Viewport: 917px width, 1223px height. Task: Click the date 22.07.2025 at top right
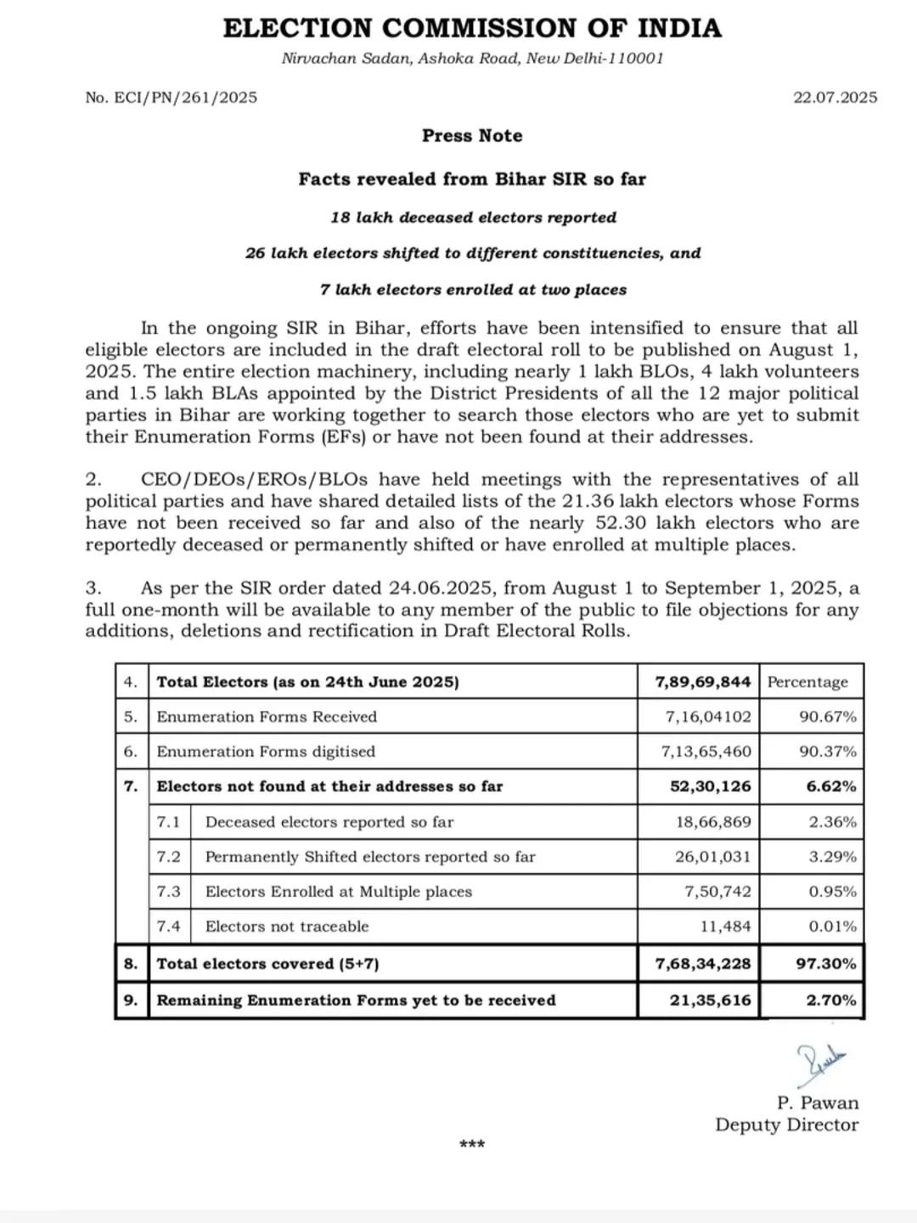click(x=835, y=98)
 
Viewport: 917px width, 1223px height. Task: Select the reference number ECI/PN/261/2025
click(x=172, y=98)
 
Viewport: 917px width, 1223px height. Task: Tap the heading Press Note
click(x=472, y=136)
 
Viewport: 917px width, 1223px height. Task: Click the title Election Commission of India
click(x=472, y=28)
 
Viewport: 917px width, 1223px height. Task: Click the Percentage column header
click(x=807, y=682)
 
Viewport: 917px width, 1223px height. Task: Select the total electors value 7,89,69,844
click(x=703, y=682)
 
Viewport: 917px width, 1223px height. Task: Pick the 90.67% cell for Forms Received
click(x=828, y=717)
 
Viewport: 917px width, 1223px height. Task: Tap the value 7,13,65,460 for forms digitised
click(x=707, y=752)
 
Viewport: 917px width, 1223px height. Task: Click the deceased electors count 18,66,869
click(x=713, y=822)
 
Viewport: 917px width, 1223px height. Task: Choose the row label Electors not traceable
click(x=287, y=927)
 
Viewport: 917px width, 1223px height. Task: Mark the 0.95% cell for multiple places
click(x=832, y=892)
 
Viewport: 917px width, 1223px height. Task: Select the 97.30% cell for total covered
click(x=825, y=964)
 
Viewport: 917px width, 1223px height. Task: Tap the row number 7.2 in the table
click(x=169, y=857)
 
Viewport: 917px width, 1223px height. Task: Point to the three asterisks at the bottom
click(x=472, y=1145)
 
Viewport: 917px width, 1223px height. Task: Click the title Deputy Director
click(x=786, y=1125)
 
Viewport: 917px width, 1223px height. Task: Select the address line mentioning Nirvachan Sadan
click(x=472, y=59)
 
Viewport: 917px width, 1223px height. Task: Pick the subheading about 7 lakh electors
click(x=473, y=290)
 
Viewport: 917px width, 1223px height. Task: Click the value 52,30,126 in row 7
click(x=711, y=786)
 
